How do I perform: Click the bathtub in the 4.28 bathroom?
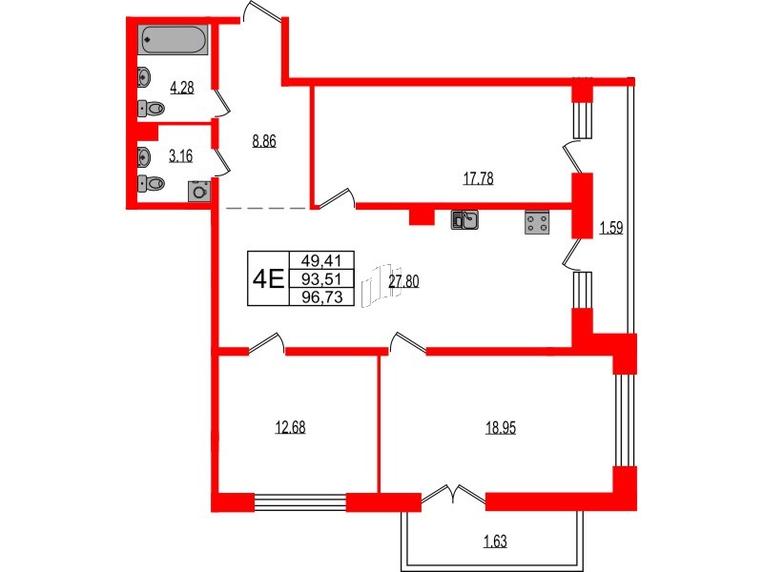coord(173,40)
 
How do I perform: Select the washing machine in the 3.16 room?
coord(199,190)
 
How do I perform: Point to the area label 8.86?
coord(264,139)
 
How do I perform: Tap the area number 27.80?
coord(404,280)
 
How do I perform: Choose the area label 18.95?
coord(502,427)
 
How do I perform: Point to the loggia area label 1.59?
coord(610,228)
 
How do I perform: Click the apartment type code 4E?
coord(267,278)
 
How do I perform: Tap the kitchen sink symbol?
coord(464,221)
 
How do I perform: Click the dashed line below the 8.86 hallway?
coord(266,207)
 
